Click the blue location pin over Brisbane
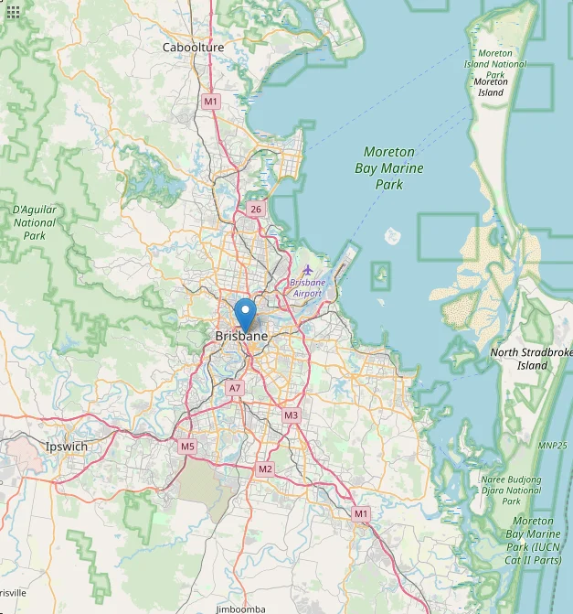click(x=245, y=315)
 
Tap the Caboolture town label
click(x=193, y=48)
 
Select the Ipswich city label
click(x=67, y=447)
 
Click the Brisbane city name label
click(x=241, y=337)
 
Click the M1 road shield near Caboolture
click(x=211, y=101)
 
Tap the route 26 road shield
click(x=255, y=210)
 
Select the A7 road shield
click(x=235, y=388)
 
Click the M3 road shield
click(x=291, y=415)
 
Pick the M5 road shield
click(x=187, y=447)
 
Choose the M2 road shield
click(x=265, y=469)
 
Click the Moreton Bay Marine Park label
click(x=389, y=167)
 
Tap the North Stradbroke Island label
click(x=531, y=359)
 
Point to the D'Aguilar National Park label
click(x=35, y=222)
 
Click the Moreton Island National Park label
click(x=496, y=65)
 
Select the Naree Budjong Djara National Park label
click(x=511, y=490)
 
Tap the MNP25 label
click(x=553, y=445)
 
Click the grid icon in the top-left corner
click(x=12, y=12)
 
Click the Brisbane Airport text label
click(x=306, y=288)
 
